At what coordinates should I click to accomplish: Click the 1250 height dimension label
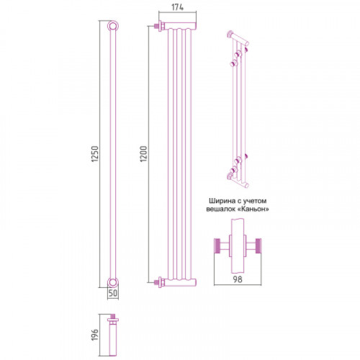coord(95,154)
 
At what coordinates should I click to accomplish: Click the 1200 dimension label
coord(143,154)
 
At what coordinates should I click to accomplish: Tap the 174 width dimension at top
coord(178,7)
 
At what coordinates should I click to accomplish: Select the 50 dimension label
coord(113,293)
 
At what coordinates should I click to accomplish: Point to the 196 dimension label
coord(95,335)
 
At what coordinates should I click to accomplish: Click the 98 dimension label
coord(238,279)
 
